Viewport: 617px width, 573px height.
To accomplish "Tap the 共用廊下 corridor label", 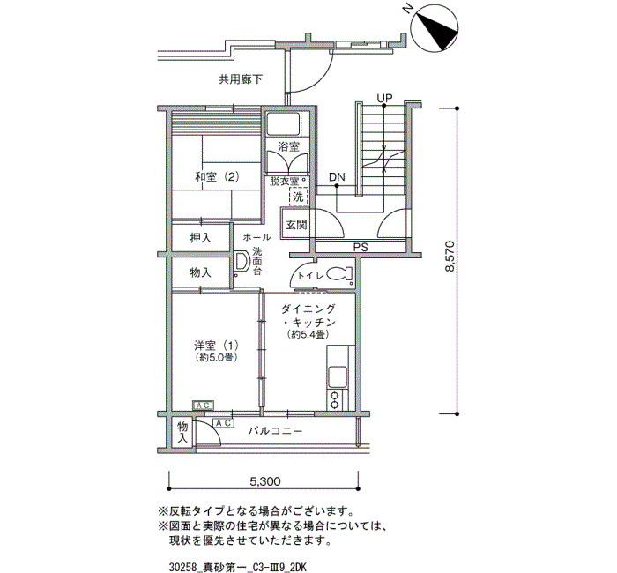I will pyautogui.click(x=241, y=80).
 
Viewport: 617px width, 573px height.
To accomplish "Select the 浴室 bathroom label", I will pyautogui.click(x=288, y=147).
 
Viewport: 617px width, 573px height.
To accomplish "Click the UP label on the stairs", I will pyautogui.click(x=384, y=98).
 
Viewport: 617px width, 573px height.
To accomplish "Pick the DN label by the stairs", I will pyautogui.click(x=337, y=178).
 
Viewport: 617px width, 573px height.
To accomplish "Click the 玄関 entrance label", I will pyautogui.click(x=296, y=225).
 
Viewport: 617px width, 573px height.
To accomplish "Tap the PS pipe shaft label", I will pyautogui.click(x=360, y=248).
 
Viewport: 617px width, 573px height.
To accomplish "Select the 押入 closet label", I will pyautogui.click(x=200, y=237).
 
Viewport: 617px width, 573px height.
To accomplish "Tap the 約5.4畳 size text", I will pyautogui.click(x=308, y=335).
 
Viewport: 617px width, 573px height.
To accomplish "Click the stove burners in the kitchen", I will pyautogui.click(x=335, y=398).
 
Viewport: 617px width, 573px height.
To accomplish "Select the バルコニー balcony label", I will pyautogui.click(x=275, y=431).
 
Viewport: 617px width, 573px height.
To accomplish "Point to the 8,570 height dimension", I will pyautogui.click(x=451, y=256).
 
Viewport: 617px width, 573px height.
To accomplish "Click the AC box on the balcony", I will pyautogui.click(x=224, y=423).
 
